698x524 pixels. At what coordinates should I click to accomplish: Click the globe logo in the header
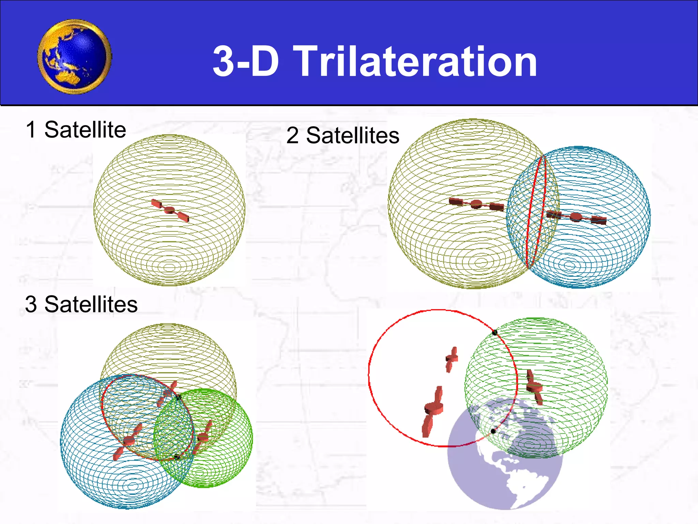75,57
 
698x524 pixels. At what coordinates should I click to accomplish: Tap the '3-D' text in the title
246,62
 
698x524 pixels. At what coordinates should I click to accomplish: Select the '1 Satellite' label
76,130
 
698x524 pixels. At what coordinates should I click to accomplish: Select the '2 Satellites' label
343,135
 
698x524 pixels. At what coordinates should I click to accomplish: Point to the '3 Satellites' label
81,304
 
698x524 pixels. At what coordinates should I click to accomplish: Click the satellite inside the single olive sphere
170,210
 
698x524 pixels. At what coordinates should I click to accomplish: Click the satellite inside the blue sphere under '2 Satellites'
576,217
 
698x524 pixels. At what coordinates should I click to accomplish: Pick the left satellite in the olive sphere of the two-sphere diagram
476,204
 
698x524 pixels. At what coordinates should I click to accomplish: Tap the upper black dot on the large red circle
495,332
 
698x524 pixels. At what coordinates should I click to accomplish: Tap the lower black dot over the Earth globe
493,432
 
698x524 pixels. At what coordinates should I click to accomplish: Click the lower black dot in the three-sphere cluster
177,457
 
